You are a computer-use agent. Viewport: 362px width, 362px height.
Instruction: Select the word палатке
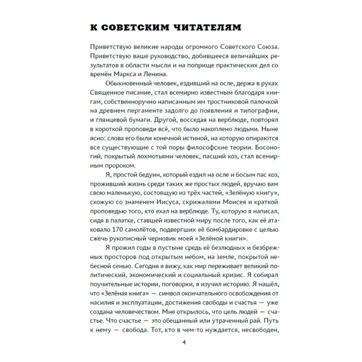pos(119,219)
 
